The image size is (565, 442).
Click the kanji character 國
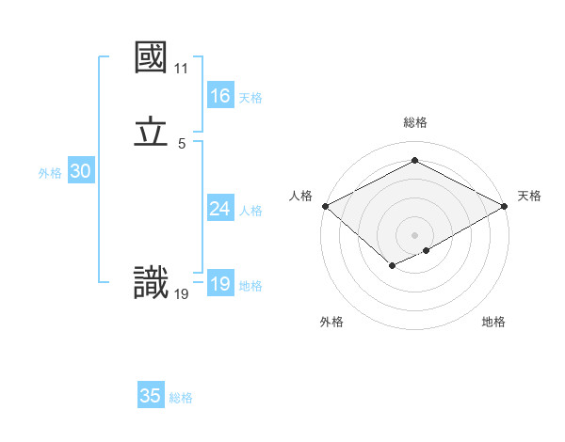point(151,57)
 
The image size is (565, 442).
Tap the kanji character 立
point(151,133)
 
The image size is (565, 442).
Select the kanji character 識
point(151,283)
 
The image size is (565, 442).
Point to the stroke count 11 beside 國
point(181,69)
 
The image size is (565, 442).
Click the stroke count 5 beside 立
point(181,144)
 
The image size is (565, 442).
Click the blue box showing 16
point(219,96)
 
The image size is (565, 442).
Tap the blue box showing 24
point(219,209)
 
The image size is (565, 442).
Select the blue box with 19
point(219,284)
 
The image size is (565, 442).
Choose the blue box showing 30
point(80,171)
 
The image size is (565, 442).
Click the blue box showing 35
point(151,396)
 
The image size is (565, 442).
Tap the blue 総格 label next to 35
point(181,398)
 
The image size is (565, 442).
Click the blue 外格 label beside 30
point(50,173)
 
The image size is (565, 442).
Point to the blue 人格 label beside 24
point(250,211)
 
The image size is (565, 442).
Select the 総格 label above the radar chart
point(414,122)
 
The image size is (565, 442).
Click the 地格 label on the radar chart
point(493,322)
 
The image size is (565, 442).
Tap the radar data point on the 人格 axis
point(325,206)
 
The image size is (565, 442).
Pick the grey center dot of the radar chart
point(414,235)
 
